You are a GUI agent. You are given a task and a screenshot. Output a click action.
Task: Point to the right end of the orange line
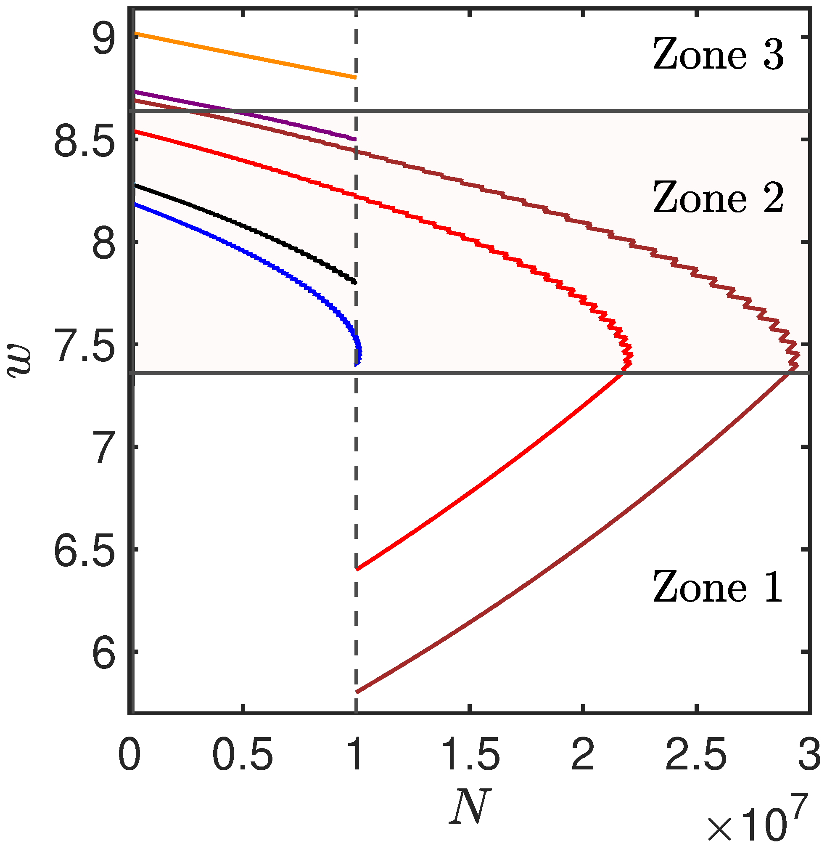coord(355,77)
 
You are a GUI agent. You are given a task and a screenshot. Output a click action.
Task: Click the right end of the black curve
coord(355,282)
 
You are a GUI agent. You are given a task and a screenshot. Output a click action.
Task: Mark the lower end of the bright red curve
coord(357,570)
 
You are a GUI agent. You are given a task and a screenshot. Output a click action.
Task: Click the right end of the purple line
coord(355,139)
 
